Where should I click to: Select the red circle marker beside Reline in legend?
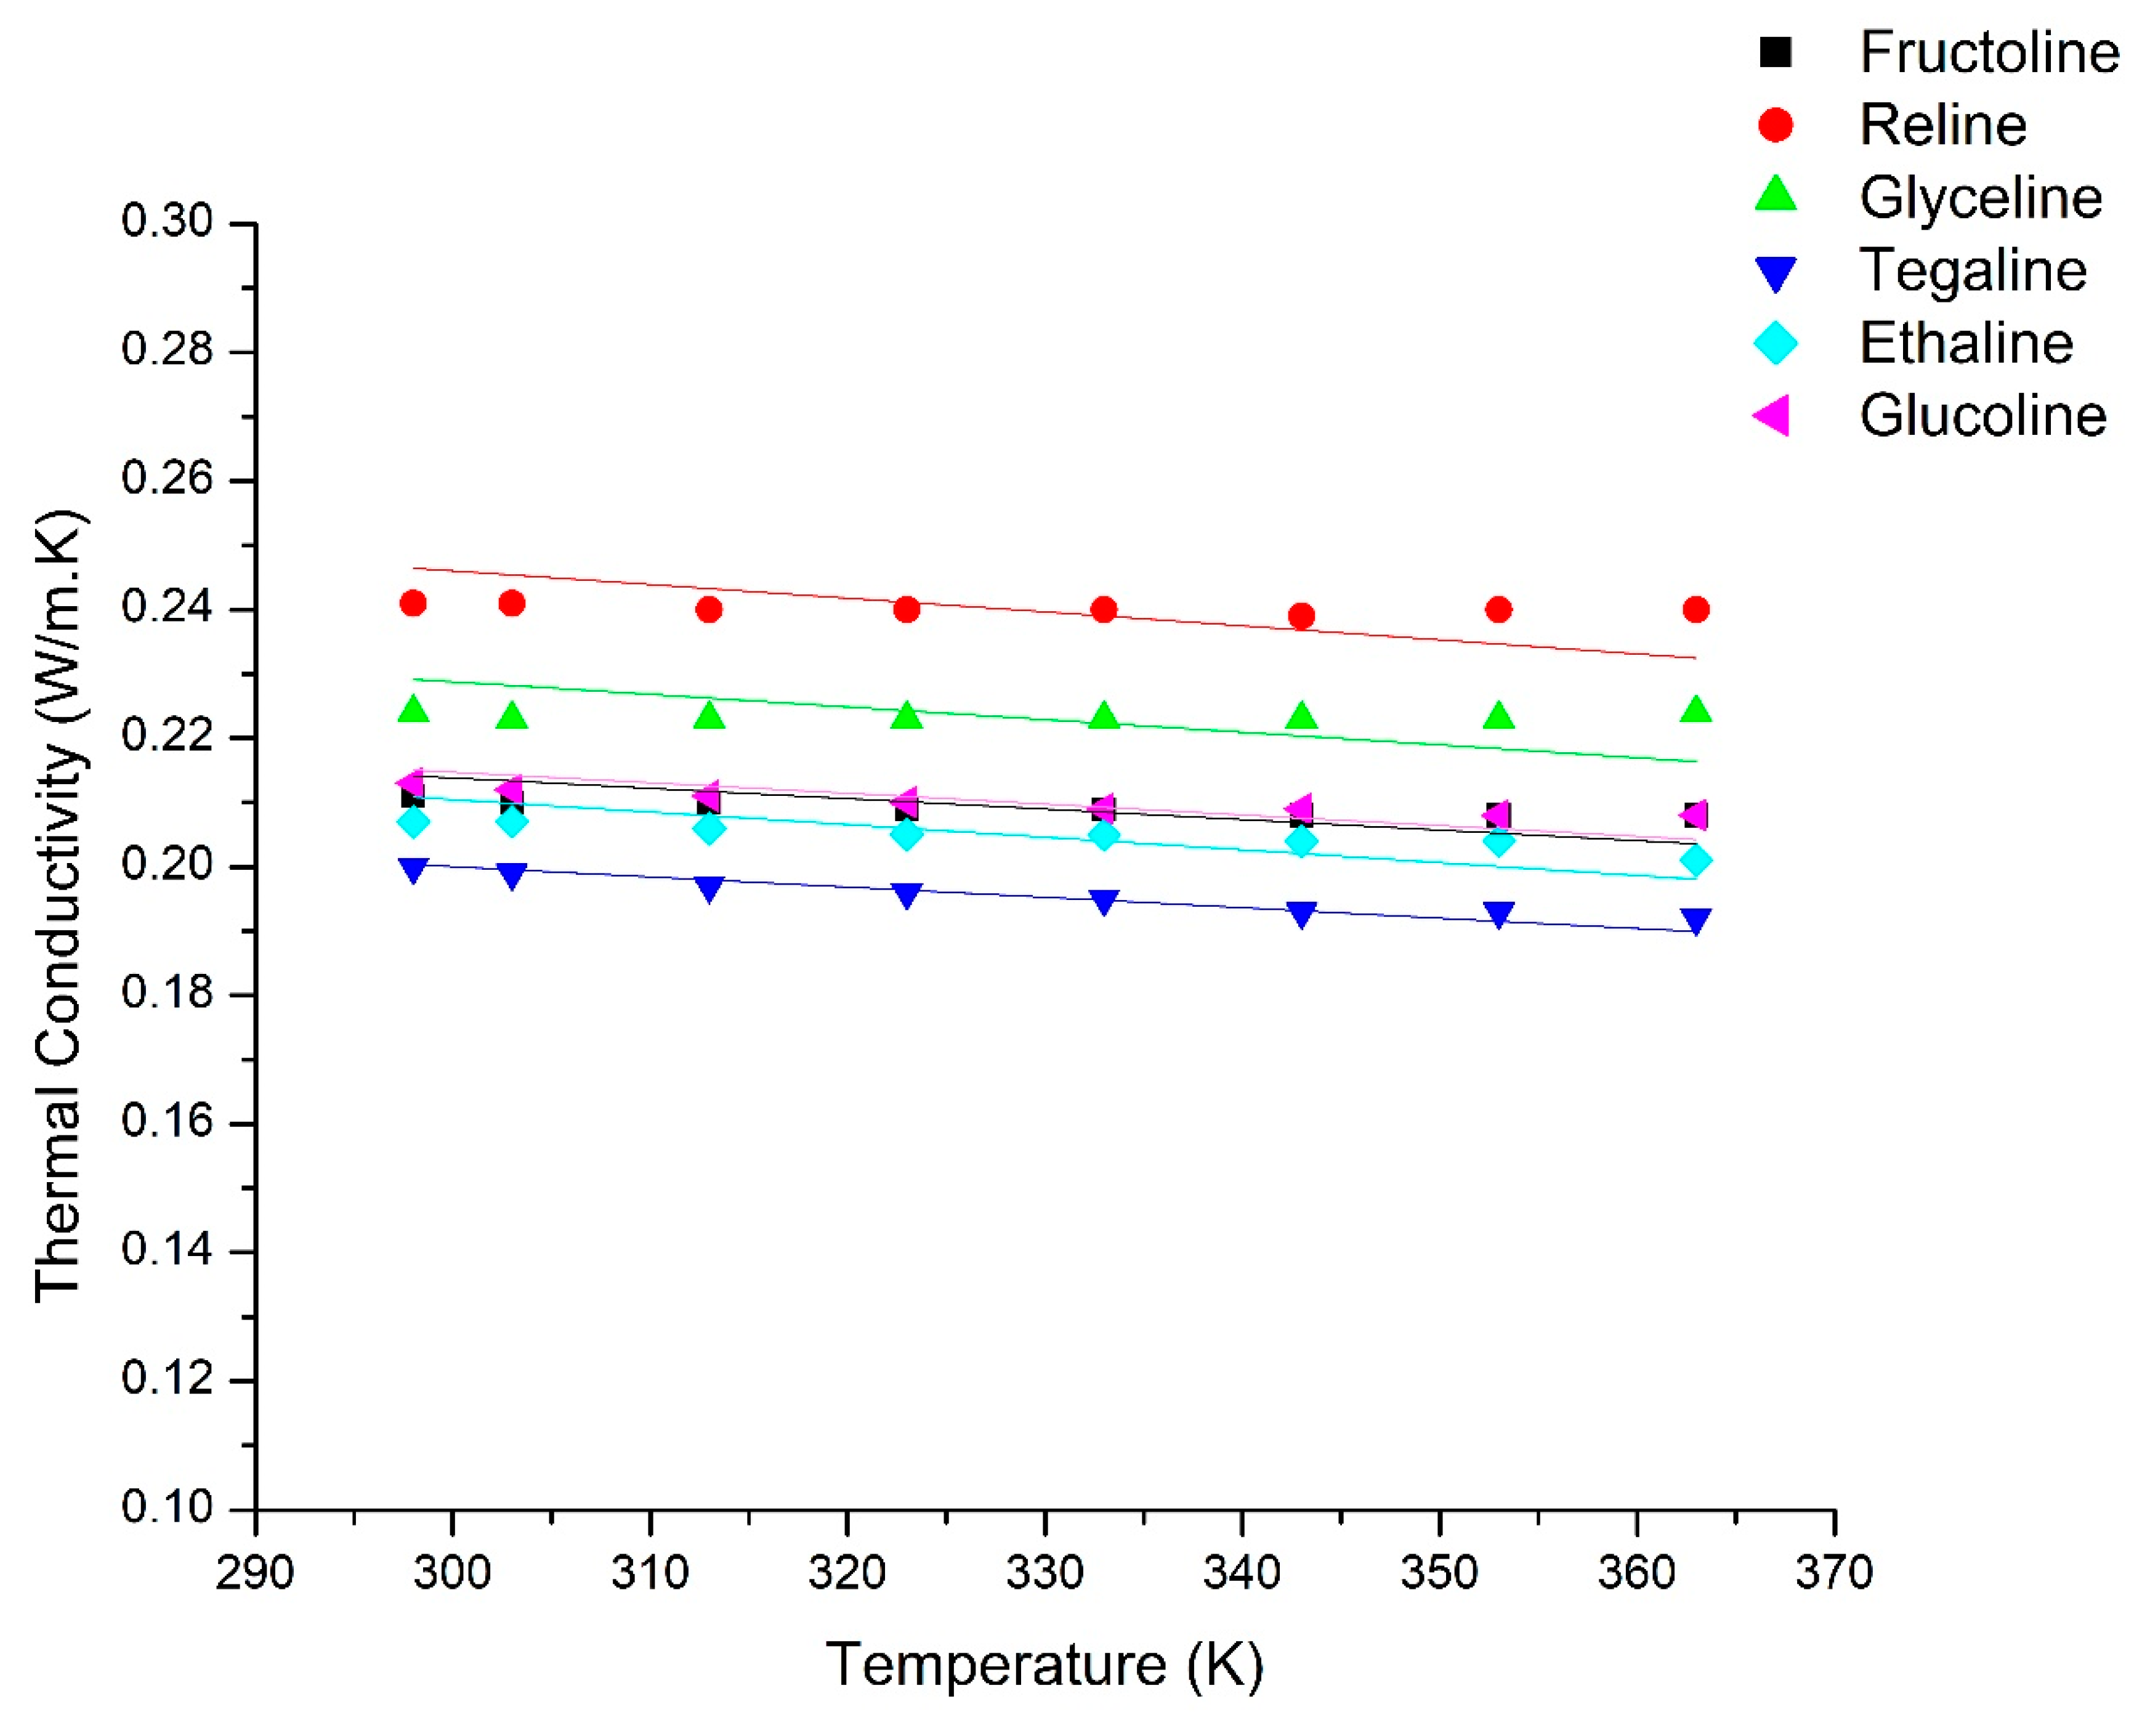tap(1776, 125)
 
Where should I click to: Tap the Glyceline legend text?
tap(1980, 198)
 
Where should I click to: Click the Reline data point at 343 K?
tap(1301, 616)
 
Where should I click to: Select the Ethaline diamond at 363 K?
tap(1696, 861)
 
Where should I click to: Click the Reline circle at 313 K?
tap(708, 609)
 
